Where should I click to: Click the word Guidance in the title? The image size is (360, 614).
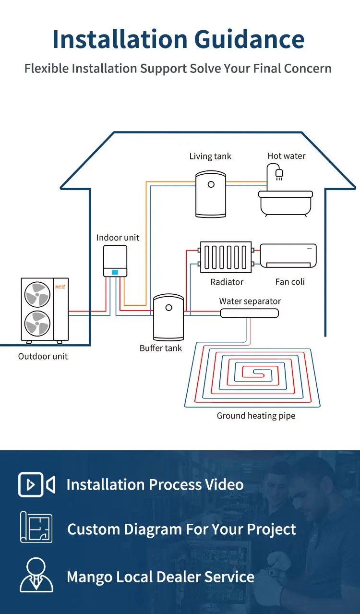coord(249,40)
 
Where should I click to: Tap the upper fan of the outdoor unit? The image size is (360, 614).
coord(37,294)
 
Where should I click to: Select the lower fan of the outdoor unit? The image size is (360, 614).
coord(37,324)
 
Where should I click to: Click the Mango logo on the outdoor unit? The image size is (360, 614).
coord(60,287)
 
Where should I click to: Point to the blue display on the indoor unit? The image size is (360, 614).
coord(115,272)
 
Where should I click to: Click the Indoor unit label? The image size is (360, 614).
coord(118,237)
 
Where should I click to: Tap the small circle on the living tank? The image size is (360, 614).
coord(211,184)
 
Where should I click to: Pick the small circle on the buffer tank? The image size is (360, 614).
coord(169,308)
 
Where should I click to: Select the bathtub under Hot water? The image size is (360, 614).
coord(286,203)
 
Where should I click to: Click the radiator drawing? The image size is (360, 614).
coord(226,257)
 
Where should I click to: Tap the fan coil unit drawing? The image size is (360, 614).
coord(288,255)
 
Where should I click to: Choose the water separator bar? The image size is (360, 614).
coord(249,313)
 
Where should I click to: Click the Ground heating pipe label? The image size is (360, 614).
coord(256,416)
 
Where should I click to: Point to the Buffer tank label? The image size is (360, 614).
coord(160,348)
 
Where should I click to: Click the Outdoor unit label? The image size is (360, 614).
coord(43,356)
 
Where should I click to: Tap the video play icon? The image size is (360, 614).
coord(36,484)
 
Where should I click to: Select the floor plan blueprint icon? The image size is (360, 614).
coord(36,527)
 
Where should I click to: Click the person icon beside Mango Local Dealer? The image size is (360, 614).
coord(36,575)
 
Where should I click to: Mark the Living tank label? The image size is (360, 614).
coord(210,156)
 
